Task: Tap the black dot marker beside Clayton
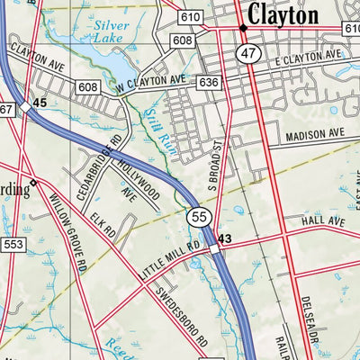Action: (243, 29)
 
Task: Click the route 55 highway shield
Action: (198, 216)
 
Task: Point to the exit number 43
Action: (225, 239)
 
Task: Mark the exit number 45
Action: (40, 103)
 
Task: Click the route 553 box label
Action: (11, 244)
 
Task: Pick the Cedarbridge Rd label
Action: (105, 158)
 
